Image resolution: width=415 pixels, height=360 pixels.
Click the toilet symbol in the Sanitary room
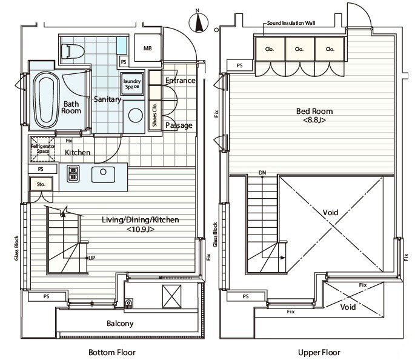[72, 51]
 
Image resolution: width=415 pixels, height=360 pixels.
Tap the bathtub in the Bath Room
[46, 100]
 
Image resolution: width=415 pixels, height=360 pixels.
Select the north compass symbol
[199, 21]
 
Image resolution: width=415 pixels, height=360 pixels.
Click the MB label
[148, 48]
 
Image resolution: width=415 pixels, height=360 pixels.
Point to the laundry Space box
[132, 84]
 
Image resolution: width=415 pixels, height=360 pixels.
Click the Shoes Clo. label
[155, 115]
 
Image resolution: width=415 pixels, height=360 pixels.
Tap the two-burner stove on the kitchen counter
[73, 173]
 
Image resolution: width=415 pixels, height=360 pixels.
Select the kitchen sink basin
[103, 175]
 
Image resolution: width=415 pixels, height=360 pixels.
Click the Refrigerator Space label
[43, 148]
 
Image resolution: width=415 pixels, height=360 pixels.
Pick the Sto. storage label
[41, 184]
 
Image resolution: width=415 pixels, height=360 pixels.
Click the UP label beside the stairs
[92, 258]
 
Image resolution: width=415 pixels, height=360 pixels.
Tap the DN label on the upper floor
[262, 173]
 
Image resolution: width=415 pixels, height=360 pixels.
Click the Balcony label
[120, 324]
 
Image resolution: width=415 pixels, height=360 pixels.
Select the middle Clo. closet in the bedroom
[299, 49]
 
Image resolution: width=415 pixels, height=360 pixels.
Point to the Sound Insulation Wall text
[291, 23]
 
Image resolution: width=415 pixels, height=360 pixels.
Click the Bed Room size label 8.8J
[314, 120]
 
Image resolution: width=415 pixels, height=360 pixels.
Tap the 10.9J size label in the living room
[141, 229]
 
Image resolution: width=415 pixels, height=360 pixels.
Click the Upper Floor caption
[319, 353]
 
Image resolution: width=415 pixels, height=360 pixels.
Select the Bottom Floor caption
[112, 353]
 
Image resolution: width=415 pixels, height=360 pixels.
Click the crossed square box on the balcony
[172, 296]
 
